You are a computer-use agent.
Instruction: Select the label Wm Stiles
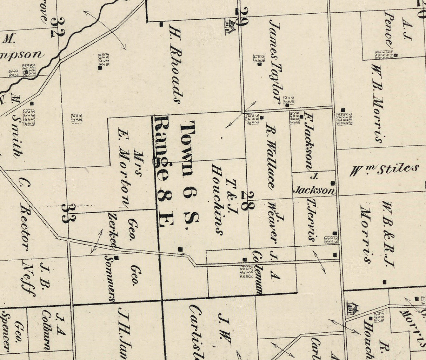click(385, 170)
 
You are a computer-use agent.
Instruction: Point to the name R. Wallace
click(270, 156)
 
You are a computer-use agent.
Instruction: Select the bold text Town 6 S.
click(189, 172)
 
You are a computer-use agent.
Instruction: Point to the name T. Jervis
click(311, 220)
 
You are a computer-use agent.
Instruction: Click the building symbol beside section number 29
click(229, 27)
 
